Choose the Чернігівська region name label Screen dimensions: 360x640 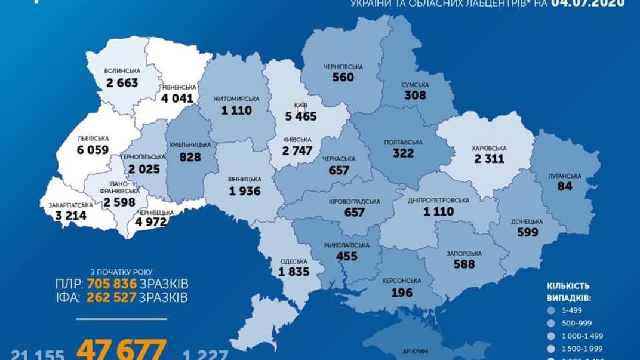click(x=343, y=66)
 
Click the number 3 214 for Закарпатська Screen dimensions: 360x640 click(x=67, y=215)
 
